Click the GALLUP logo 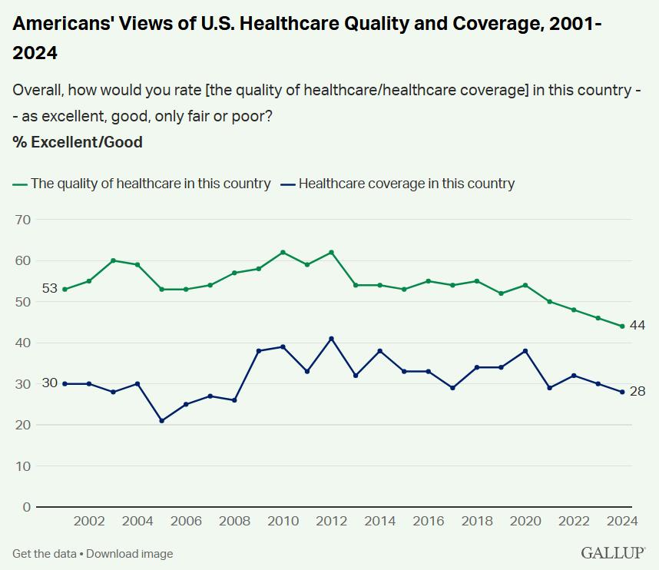613,553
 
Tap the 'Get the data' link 43,554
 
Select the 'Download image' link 129,554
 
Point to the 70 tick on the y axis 22,220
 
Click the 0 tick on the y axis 26,507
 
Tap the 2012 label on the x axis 331,521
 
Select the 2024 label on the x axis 621,521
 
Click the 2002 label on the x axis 89,521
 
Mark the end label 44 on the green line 637,326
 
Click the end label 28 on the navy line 637,392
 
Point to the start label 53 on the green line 50,289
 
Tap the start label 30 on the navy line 50,383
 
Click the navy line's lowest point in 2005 162,421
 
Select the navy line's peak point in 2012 331,339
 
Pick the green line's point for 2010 283,253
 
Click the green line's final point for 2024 621,326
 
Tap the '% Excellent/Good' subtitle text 78,142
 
